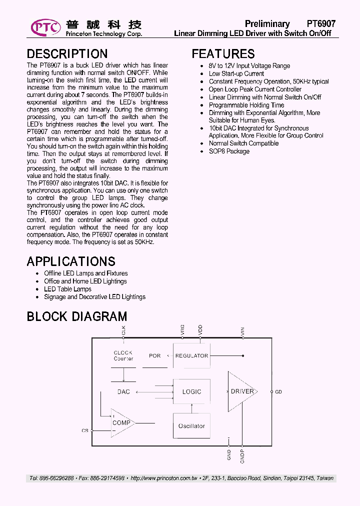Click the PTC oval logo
[x=46, y=26]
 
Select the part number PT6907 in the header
[x=321, y=24]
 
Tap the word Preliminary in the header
[x=267, y=24]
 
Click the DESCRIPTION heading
[x=67, y=54]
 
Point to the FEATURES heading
[x=223, y=54]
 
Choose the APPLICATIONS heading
[x=71, y=261]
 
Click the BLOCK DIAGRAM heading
[x=76, y=316]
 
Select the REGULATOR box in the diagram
[x=191, y=356]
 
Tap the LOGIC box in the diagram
[x=191, y=391]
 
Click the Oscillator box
[x=191, y=426]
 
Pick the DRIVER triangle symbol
[x=241, y=391]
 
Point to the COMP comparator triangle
[x=121, y=423]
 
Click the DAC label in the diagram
[x=123, y=391]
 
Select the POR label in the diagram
[x=155, y=356]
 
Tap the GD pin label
[x=278, y=392]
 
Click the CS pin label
[x=84, y=430]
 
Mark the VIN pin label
[x=243, y=330]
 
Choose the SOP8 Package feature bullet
[x=229, y=151]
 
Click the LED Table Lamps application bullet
[x=67, y=289]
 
